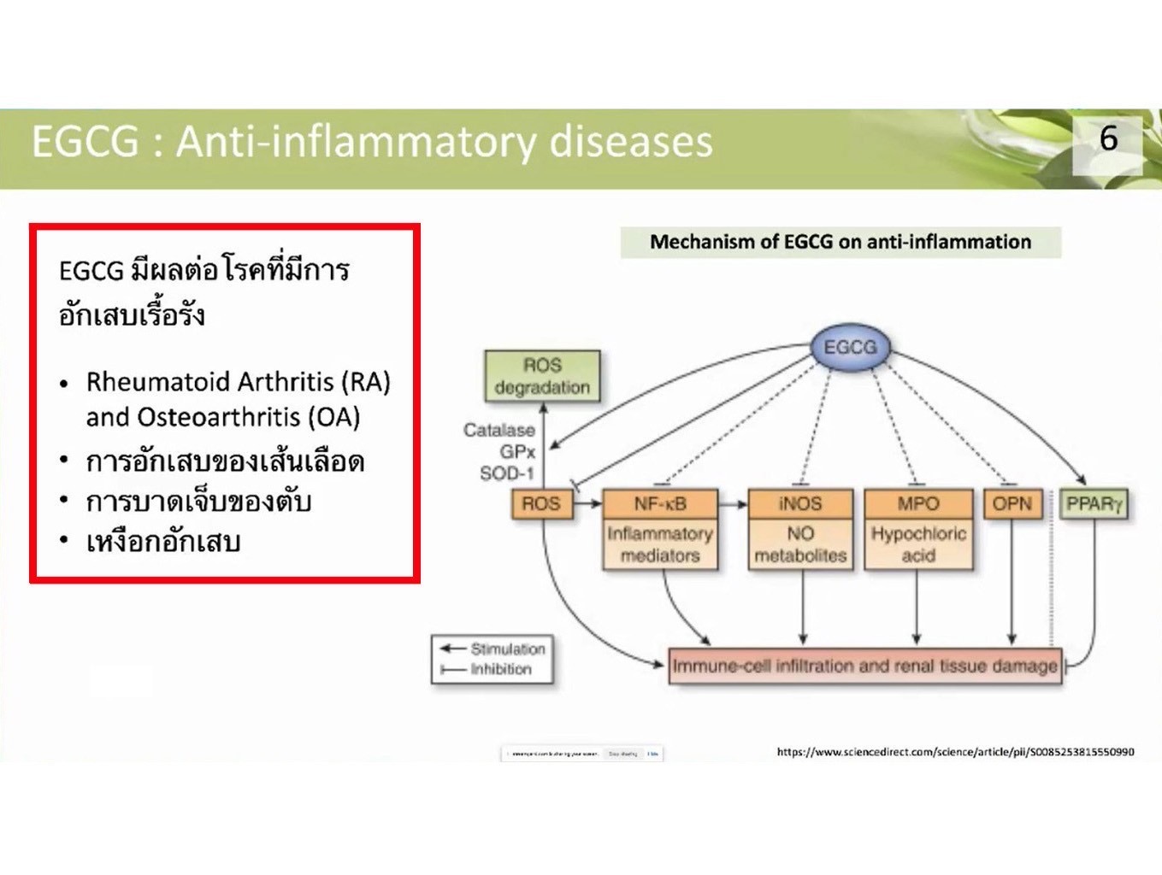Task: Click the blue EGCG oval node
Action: point(850,348)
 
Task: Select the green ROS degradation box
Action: point(542,376)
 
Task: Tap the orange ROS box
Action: point(540,503)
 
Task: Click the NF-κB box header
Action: point(659,503)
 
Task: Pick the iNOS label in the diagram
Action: point(799,503)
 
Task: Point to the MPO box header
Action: point(917,503)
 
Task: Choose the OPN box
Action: point(1012,503)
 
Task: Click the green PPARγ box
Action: point(1093,503)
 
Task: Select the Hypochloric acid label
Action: point(917,544)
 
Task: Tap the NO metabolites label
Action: point(799,544)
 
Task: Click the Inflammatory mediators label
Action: point(659,544)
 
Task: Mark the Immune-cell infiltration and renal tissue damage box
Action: point(864,666)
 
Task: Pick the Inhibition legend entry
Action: point(500,669)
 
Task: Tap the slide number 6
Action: point(1108,138)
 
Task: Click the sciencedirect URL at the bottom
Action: point(955,752)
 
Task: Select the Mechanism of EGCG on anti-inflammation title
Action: point(841,242)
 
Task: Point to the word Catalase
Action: point(498,430)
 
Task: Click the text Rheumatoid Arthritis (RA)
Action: point(238,381)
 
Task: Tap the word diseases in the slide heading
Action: point(630,142)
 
